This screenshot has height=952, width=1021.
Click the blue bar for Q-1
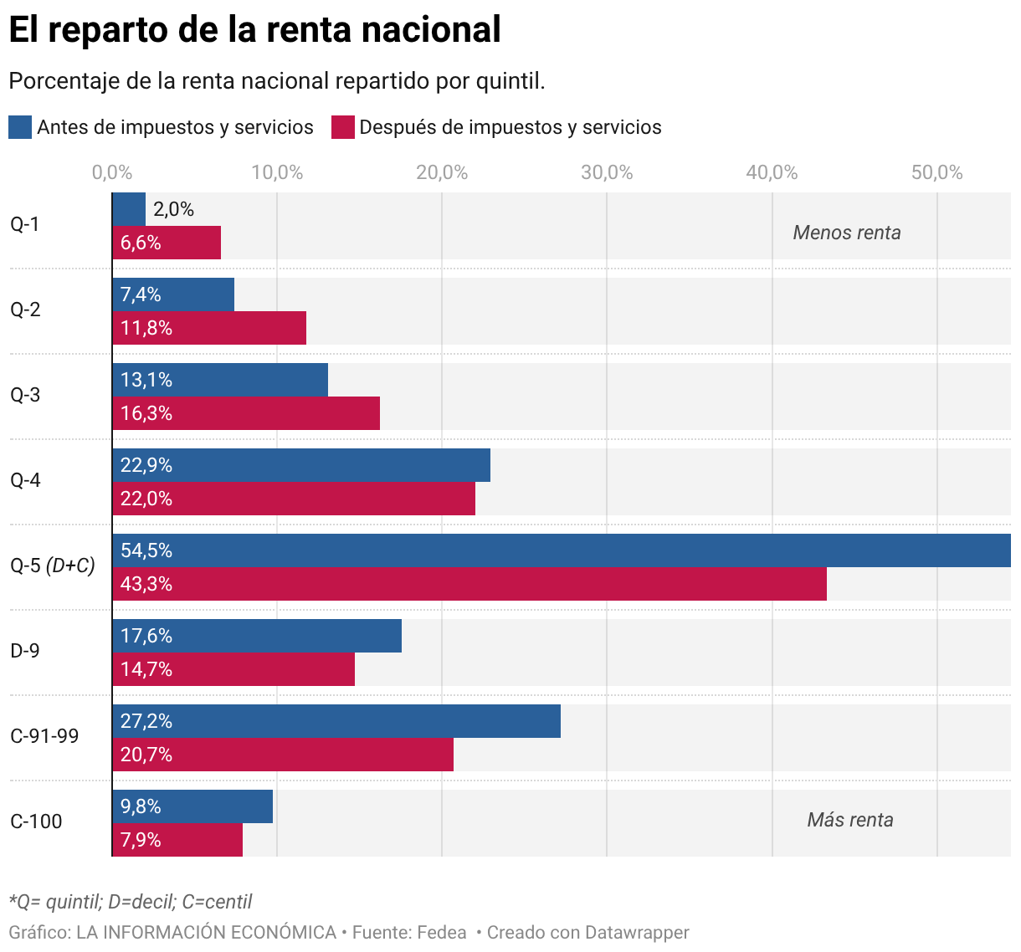[x=129, y=209]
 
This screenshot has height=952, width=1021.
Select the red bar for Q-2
[x=209, y=328]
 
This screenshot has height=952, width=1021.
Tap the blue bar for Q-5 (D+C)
[x=562, y=550]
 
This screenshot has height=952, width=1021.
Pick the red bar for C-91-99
[x=283, y=755]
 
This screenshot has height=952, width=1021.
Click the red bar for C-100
[x=177, y=840]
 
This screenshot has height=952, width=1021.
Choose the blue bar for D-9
[x=257, y=636]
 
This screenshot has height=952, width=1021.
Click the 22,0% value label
[x=146, y=499]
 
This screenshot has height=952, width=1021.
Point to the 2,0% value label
[x=173, y=209]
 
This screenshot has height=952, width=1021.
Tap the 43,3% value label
[x=146, y=584]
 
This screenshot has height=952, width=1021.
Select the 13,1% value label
[x=146, y=380]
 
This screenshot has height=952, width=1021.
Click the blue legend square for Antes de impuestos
[x=20, y=127]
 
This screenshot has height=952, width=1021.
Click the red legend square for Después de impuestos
[x=343, y=127]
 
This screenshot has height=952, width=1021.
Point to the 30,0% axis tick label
[x=607, y=172]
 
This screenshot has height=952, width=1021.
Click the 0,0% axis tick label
[x=112, y=172]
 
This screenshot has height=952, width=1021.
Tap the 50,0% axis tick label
[x=937, y=172]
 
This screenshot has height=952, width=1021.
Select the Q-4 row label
[x=25, y=480]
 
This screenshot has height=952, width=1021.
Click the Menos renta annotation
[x=847, y=233]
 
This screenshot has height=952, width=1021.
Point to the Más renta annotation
[x=850, y=820]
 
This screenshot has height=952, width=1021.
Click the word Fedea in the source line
[x=441, y=932]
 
